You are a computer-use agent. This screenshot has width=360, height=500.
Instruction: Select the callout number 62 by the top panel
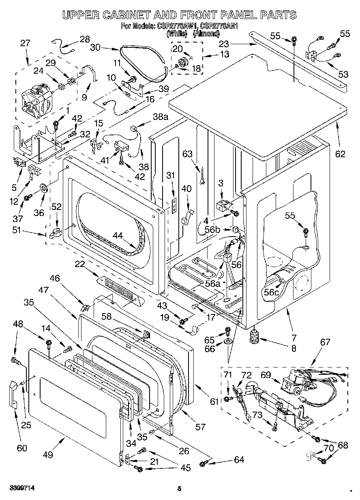click(340, 154)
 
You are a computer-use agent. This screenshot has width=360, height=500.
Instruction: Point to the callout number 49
click(48, 455)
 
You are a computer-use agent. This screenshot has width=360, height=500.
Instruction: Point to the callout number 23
click(224, 44)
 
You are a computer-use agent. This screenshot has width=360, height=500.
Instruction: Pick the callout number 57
click(200, 427)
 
